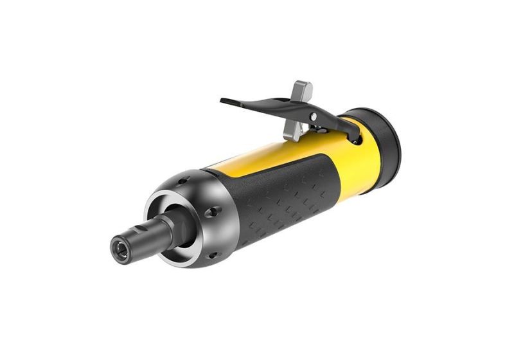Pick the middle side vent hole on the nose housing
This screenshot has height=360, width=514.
[x=213, y=212]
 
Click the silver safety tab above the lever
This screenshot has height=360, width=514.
[x=301, y=91]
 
